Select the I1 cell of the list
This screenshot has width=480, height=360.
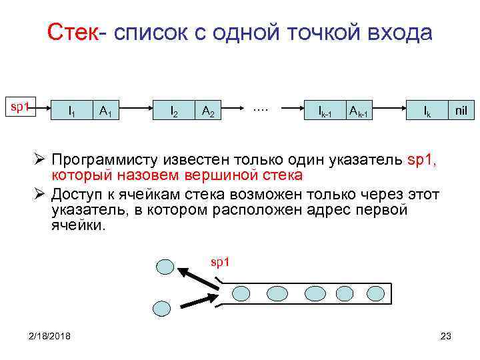[x=71, y=111]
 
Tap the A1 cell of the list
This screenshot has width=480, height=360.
[x=105, y=111]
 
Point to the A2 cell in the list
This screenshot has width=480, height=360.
[x=208, y=111]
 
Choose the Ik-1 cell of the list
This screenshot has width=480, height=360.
[x=325, y=111]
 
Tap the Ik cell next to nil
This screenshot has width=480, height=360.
[x=427, y=111]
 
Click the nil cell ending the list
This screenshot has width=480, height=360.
[x=461, y=111]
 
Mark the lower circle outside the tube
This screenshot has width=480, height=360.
[x=162, y=307]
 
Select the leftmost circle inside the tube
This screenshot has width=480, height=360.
[x=241, y=293]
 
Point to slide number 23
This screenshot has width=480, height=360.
[x=446, y=335]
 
